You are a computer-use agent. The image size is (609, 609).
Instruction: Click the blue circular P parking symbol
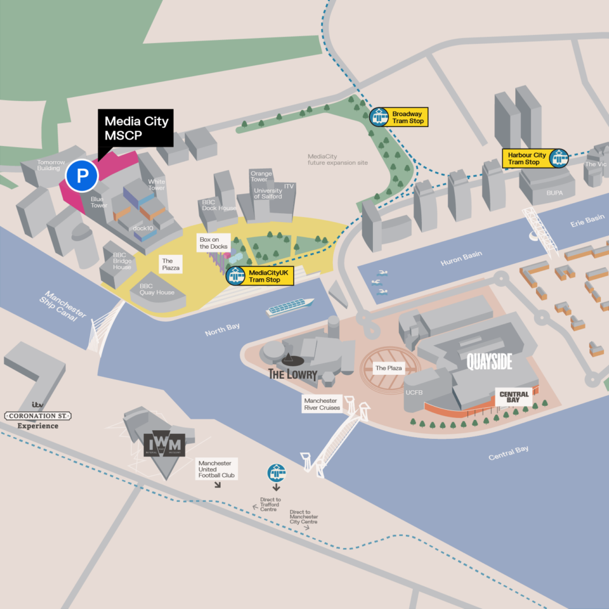(x=82, y=176)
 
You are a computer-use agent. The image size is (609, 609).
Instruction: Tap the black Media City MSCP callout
(x=135, y=128)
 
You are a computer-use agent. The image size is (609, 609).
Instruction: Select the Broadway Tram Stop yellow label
(x=407, y=117)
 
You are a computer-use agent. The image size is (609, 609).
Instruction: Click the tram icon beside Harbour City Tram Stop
(x=559, y=158)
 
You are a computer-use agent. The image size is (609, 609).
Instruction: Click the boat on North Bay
(x=290, y=307)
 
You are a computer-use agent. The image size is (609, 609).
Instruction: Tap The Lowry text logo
(x=292, y=374)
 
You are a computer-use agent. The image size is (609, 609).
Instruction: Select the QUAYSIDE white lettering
(x=489, y=362)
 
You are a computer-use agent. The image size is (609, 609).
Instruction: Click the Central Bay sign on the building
(x=514, y=398)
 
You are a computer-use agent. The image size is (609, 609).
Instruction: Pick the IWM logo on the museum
(x=164, y=442)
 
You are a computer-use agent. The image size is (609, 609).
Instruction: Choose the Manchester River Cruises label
(x=322, y=404)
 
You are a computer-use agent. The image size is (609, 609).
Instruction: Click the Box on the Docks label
(x=213, y=242)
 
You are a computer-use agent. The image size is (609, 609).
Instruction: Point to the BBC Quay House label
(x=157, y=289)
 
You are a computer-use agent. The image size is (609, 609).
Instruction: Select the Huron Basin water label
(x=461, y=258)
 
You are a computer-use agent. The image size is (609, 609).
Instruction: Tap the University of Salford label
(x=268, y=193)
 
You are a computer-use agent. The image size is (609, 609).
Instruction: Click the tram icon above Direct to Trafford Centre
(x=277, y=473)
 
